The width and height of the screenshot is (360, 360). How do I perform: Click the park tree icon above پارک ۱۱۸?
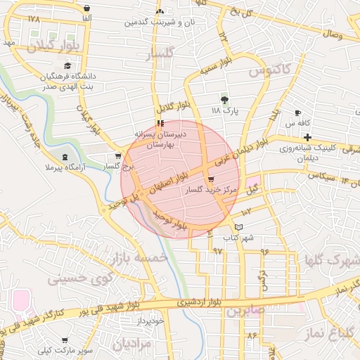pyautogui.click(x=225, y=98)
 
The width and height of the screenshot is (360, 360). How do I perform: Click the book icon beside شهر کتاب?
pyautogui.click(x=238, y=227)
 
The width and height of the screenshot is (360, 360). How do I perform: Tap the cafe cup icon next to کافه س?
pyautogui.click(x=298, y=112)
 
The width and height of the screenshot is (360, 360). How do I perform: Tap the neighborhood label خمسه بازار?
pyautogui.click(x=145, y=262)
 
